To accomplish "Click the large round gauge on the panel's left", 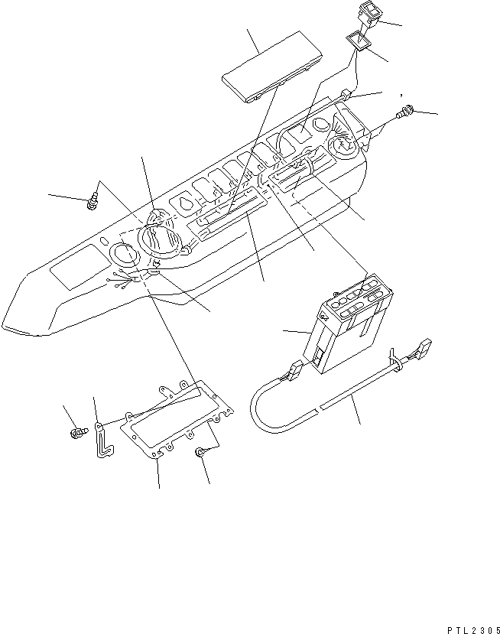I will [x=162, y=239].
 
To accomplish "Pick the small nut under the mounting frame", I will [x=201, y=454].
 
